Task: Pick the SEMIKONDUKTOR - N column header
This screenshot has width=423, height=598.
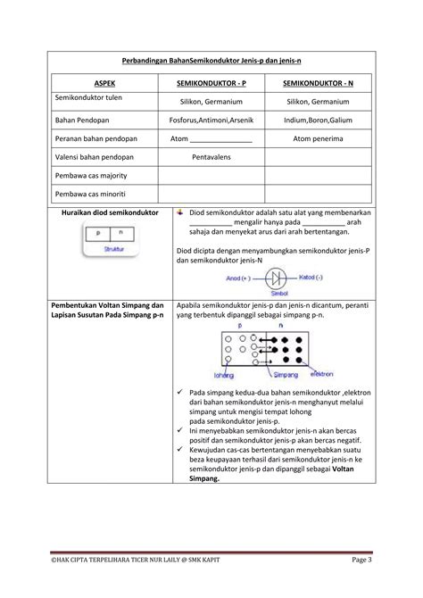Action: (318, 82)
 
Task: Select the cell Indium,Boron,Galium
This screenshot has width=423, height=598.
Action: (318, 120)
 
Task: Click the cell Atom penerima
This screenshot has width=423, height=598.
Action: (318, 138)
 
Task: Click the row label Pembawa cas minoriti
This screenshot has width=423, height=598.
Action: (90, 194)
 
